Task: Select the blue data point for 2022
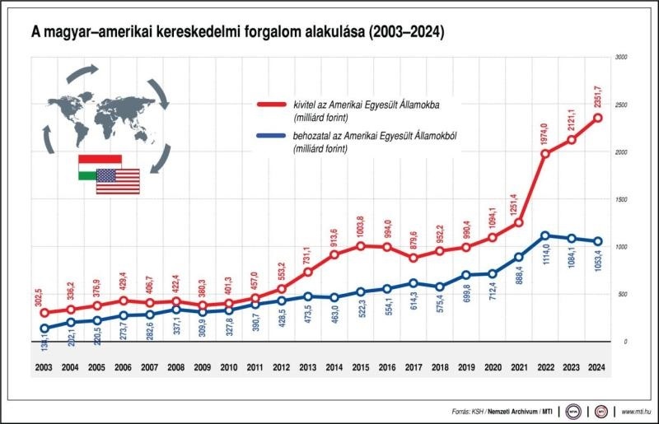click(544, 235)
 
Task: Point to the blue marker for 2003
click(44, 328)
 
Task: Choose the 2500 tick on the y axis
click(620, 105)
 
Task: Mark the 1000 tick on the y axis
click(620, 247)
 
